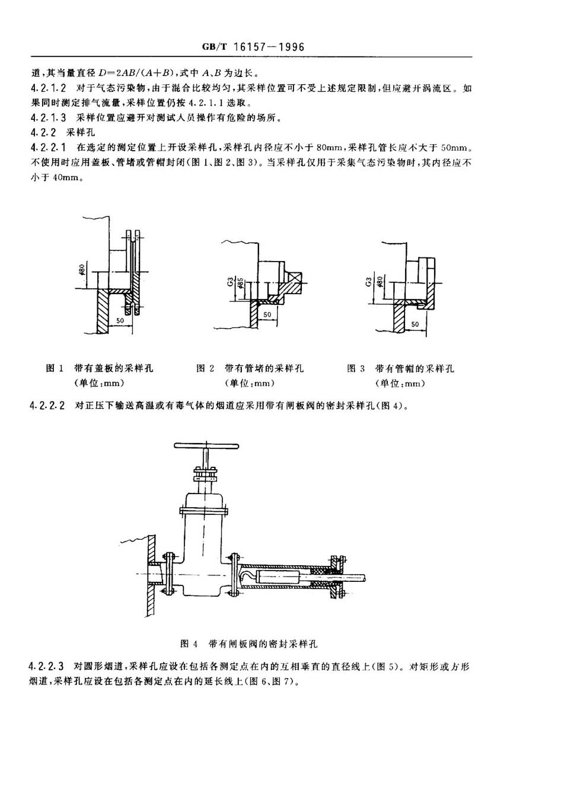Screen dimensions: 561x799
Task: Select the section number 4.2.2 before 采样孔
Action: coord(43,133)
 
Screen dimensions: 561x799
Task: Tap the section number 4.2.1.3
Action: coord(48,117)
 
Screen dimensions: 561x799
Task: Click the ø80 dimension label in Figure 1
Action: coord(82,269)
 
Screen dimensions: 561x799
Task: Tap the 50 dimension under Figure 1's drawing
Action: coord(120,320)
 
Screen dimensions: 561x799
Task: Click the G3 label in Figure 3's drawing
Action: coord(368,282)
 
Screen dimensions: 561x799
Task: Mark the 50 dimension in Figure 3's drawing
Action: coord(415,324)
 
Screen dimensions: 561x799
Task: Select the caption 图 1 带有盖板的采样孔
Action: coord(100,368)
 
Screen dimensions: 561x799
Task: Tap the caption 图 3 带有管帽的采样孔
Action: coord(400,368)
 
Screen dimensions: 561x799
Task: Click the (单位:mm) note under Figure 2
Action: coord(250,383)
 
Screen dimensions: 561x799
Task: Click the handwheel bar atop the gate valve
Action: coord(206,445)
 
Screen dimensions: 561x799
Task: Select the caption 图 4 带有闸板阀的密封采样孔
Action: coord(248,644)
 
